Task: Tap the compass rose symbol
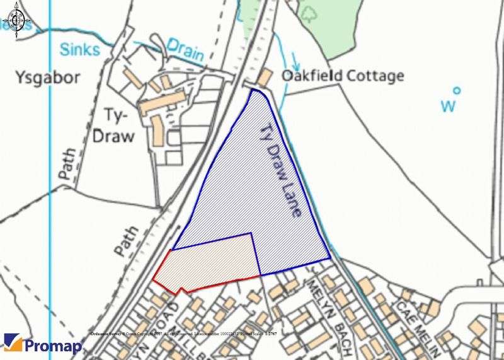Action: tap(14, 21)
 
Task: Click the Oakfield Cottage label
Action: tap(343, 77)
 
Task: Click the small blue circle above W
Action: tap(457, 90)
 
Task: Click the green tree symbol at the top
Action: tap(309, 12)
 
